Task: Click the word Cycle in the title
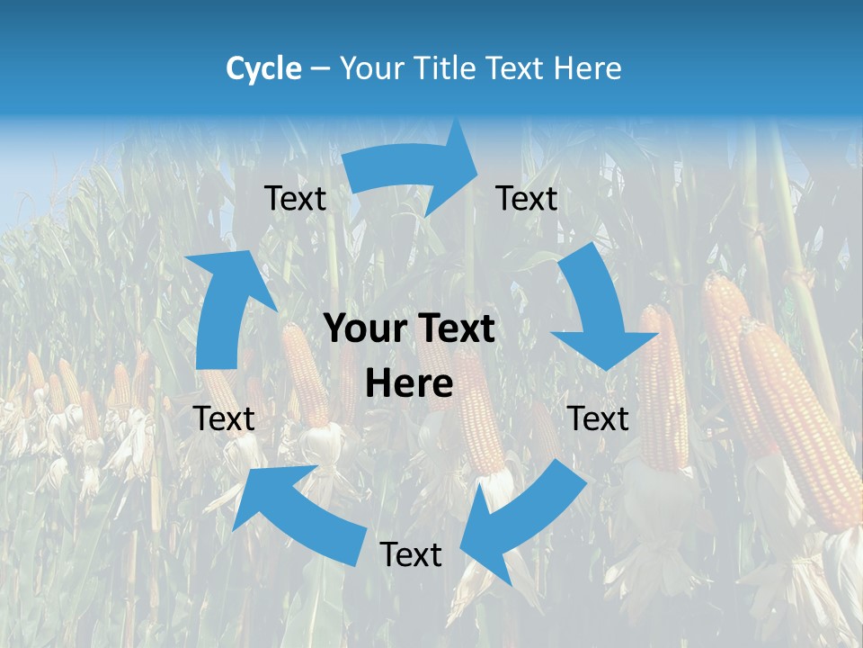[263, 68]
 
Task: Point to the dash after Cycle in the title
[320, 69]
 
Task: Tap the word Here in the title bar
[589, 68]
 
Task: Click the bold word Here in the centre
[409, 384]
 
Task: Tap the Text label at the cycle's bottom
[411, 555]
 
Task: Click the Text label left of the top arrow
[295, 199]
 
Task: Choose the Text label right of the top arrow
[527, 199]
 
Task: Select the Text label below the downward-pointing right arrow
[599, 418]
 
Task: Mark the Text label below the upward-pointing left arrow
[224, 418]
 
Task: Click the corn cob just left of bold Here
[306, 373]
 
